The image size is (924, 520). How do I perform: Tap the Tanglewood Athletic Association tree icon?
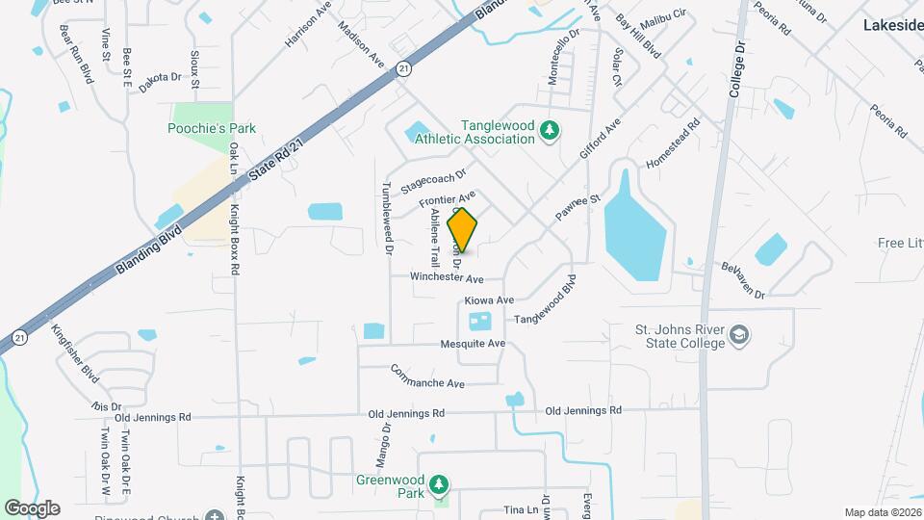click(x=549, y=130)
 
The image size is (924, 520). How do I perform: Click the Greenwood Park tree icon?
click(x=439, y=483)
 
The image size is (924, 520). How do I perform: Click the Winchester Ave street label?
click(x=447, y=277)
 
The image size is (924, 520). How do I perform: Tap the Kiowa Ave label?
click(x=489, y=300)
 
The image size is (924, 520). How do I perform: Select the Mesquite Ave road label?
click(x=473, y=344)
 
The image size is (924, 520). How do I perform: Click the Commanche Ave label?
click(x=427, y=377)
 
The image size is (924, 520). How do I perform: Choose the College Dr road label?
click(x=738, y=69)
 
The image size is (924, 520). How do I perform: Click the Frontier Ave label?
click(x=448, y=201)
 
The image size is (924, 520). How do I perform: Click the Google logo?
click(x=32, y=508)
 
